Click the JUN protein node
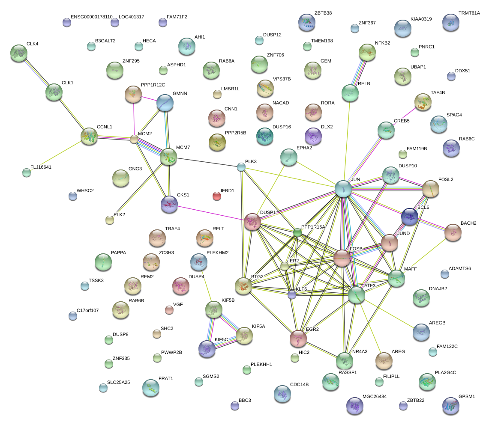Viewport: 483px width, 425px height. (343, 188)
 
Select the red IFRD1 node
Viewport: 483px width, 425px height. (217, 196)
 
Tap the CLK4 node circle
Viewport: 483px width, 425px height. (18, 53)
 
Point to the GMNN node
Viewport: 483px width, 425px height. (165, 103)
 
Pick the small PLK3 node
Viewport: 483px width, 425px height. (241, 167)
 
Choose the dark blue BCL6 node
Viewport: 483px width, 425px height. (409, 217)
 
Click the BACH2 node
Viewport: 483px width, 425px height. (453, 232)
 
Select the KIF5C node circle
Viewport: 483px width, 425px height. (207, 349)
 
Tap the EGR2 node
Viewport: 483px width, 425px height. (298, 338)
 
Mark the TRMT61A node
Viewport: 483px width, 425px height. (450, 23)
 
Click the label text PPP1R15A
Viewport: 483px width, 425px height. (313, 227)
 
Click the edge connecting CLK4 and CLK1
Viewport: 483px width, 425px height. (36, 73)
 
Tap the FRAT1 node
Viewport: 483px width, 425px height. (150, 388)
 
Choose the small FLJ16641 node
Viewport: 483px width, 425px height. (27, 172)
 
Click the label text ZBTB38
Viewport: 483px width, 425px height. (323, 13)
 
